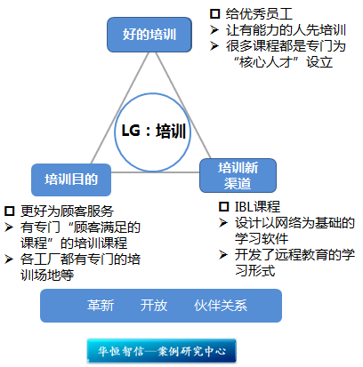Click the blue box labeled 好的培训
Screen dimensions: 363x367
click(149, 35)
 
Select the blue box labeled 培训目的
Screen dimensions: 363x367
click(71, 180)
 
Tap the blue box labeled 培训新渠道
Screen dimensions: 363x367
click(238, 176)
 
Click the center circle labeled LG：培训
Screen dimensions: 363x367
click(152, 132)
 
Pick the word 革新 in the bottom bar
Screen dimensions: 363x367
click(101, 306)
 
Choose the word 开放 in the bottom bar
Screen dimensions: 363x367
click(154, 306)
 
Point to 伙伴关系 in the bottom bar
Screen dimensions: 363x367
click(221, 306)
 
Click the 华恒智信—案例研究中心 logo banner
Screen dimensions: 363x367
click(162, 351)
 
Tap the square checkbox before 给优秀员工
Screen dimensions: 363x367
click(214, 14)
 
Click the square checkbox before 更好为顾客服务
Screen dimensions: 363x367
click(9, 211)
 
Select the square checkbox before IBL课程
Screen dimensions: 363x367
click(224, 207)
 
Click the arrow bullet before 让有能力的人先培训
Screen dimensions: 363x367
click(214, 30)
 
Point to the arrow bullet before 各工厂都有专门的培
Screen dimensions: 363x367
click(9, 259)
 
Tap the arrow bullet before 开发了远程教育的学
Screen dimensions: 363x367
click(223, 255)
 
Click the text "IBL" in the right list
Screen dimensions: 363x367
click(243, 207)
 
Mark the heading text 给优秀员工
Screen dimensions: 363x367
click(259, 14)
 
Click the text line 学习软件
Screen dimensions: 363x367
click(262, 239)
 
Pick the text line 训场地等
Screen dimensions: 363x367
click(47, 275)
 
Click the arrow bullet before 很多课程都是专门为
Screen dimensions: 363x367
click(214, 46)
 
